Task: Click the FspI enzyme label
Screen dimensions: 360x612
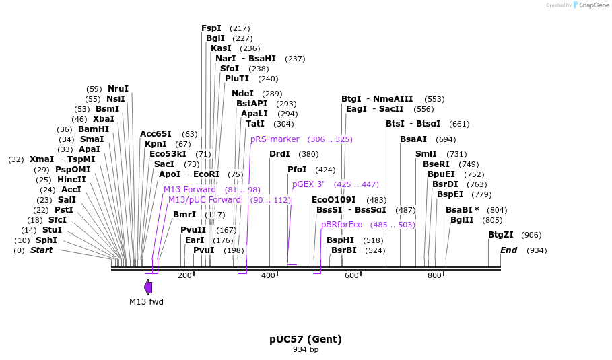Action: (x=211, y=28)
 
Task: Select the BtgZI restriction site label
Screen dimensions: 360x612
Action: (x=500, y=235)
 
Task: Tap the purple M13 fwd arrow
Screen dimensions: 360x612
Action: (x=148, y=287)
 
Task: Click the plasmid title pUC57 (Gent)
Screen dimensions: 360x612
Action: (x=306, y=339)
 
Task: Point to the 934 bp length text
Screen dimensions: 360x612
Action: (x=306, y=349)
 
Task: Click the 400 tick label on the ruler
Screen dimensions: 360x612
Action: (x=268, y=275)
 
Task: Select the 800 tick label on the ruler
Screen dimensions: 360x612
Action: (x=434, y=275)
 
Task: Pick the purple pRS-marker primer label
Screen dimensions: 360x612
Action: (x=275, y=139)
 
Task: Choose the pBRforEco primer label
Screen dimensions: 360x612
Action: (x=341, y=225)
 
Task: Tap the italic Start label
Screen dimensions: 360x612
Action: (x=41, y=250)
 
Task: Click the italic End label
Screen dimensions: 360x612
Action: (x=508, y=250)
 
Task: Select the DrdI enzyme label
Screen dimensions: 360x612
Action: (x=279, y=154)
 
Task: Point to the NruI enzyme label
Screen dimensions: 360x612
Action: (x=118, y=89)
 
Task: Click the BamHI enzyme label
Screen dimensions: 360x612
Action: (x=93, y=129)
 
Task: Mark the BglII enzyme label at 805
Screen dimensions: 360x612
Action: (x=462, y=220)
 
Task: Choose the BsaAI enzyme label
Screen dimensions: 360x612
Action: (x=413, y=139)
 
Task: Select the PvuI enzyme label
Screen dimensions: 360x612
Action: (x=203, y=250)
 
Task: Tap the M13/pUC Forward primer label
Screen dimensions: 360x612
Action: (x=204, y=200)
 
